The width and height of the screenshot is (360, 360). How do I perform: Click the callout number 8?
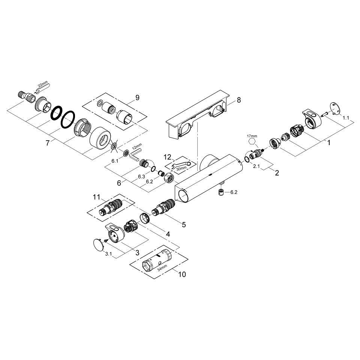pyautogui.click(x=239, y=100)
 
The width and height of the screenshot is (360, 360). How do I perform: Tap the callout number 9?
pyautogui.click(x=137, y=97)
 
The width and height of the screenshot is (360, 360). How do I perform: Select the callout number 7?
pyautogui.click(x=48, y=143)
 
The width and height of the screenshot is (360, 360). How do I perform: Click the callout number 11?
pyautogui.click(x=97, y=197)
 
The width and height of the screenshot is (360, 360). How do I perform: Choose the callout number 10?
pyautogui.click(x=182, y=274)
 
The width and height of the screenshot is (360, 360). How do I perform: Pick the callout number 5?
pyautogui.click(x=184, y=225)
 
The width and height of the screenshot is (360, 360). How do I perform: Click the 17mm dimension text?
pyautogui.click(x=252, y=136)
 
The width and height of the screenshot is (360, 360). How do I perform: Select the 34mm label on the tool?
pyautogui.click(x=162, y=268)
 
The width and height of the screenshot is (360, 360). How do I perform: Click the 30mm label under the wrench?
pyautogui.click(x=181, y=168)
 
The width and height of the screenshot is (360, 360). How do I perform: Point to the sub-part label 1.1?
pyautogui.click(x=346, y=118)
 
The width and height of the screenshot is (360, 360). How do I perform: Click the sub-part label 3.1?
pyautogui.click(x=108, y=254)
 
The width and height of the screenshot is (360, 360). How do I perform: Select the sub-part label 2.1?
pyautogui.click(x=256, y=166)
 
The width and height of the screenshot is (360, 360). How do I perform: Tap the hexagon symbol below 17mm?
pyautogui.click(x=252, y=141)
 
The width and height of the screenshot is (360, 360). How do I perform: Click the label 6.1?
pyautogui.click(x=115, y=161)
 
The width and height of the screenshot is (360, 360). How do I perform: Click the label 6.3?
pyautogui.click(x=141, y=176)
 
